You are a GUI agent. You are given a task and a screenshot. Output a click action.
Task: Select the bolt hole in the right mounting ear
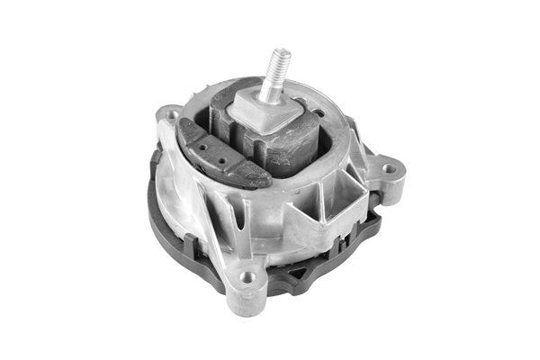[389, 168]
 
